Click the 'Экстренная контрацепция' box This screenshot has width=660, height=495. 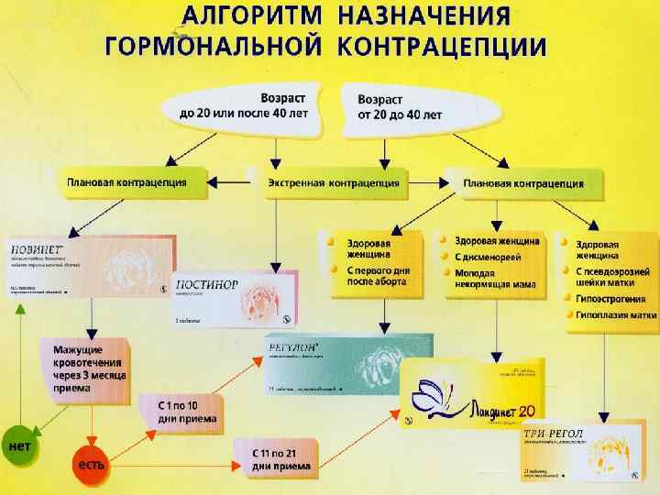pyautogui.click(x=334, y=182)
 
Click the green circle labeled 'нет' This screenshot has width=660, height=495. pyautogui.click(x=20, y=446)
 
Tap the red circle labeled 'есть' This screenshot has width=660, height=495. pyautogui.click(x=90, y=465)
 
